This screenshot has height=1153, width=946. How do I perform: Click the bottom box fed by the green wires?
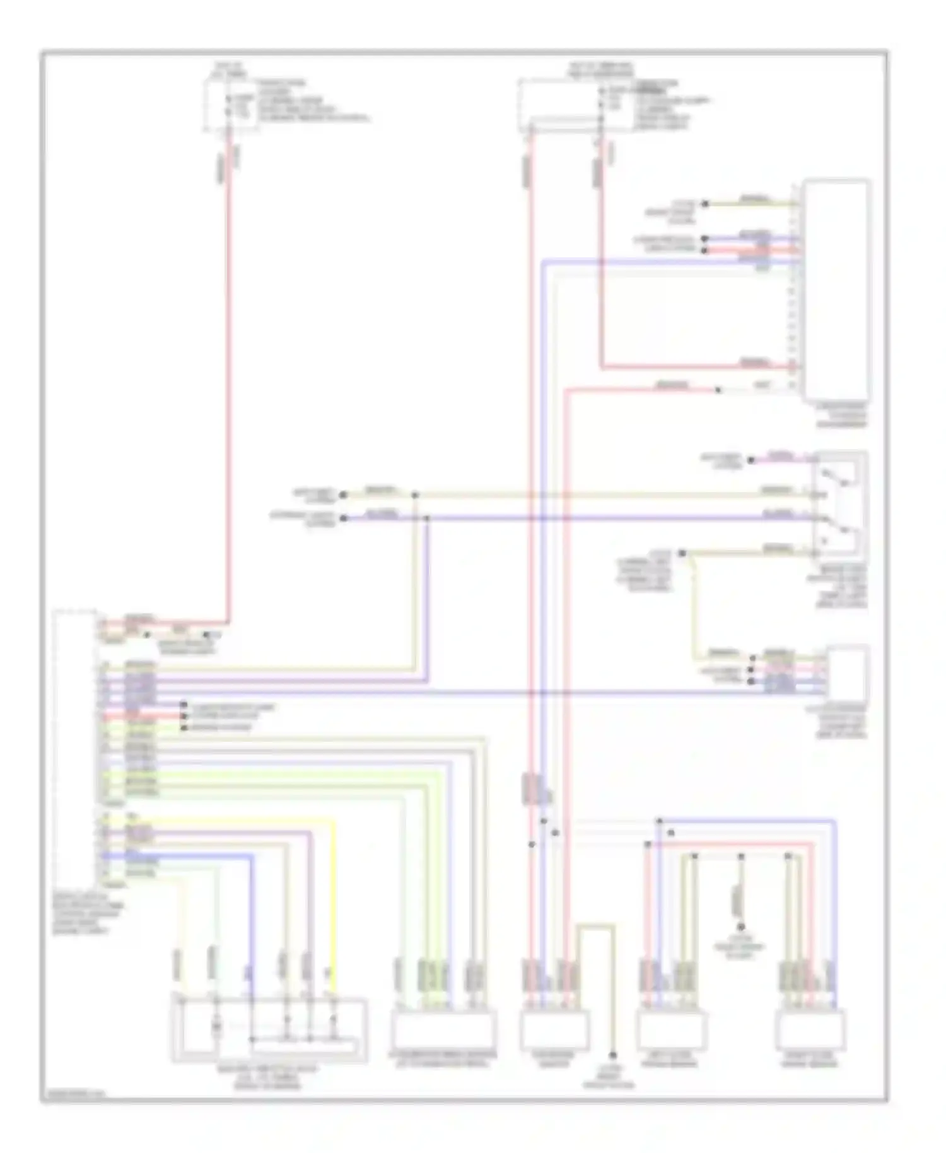(x=443, y=1029)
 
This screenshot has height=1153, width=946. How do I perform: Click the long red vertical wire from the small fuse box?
(x=228, y=378)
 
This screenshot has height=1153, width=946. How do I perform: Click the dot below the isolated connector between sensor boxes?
(x=741, y=927)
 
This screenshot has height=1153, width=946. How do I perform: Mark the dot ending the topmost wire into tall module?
(x=705, y=204)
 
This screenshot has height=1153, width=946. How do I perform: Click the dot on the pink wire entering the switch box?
(x=750, y=460)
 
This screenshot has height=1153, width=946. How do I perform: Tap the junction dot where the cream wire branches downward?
(x=415, y=495)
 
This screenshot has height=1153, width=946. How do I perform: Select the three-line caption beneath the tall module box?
(x=842, y=416)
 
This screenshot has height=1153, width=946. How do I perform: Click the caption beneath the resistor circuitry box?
(x=268, y=1077)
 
